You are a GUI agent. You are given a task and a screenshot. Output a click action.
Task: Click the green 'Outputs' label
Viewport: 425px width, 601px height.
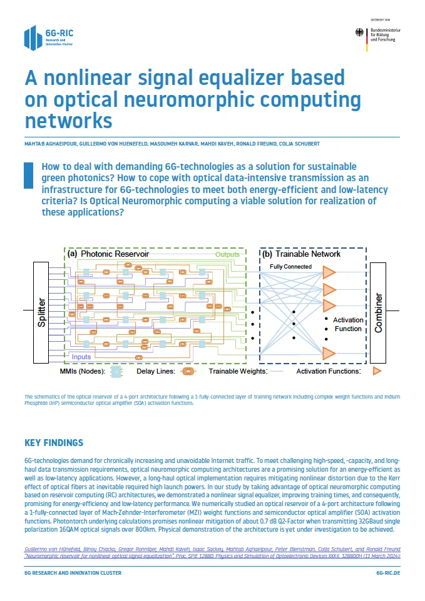(x=227, y=255)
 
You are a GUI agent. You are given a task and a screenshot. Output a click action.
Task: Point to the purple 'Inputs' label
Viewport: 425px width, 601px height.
(x=81, y=357)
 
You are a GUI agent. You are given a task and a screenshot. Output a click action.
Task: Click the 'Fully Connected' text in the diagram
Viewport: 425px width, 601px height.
(x=290, y=267)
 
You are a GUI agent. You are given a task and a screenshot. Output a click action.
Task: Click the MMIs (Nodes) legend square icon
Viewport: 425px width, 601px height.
(x=116, y=372)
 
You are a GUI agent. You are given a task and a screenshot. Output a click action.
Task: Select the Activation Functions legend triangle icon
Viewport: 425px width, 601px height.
(x=377, y=372)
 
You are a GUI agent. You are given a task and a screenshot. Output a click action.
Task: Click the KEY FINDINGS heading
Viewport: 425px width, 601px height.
(x=53, y=443)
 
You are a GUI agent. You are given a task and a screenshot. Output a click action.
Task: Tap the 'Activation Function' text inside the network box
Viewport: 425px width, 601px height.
(x=348, y=324)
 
